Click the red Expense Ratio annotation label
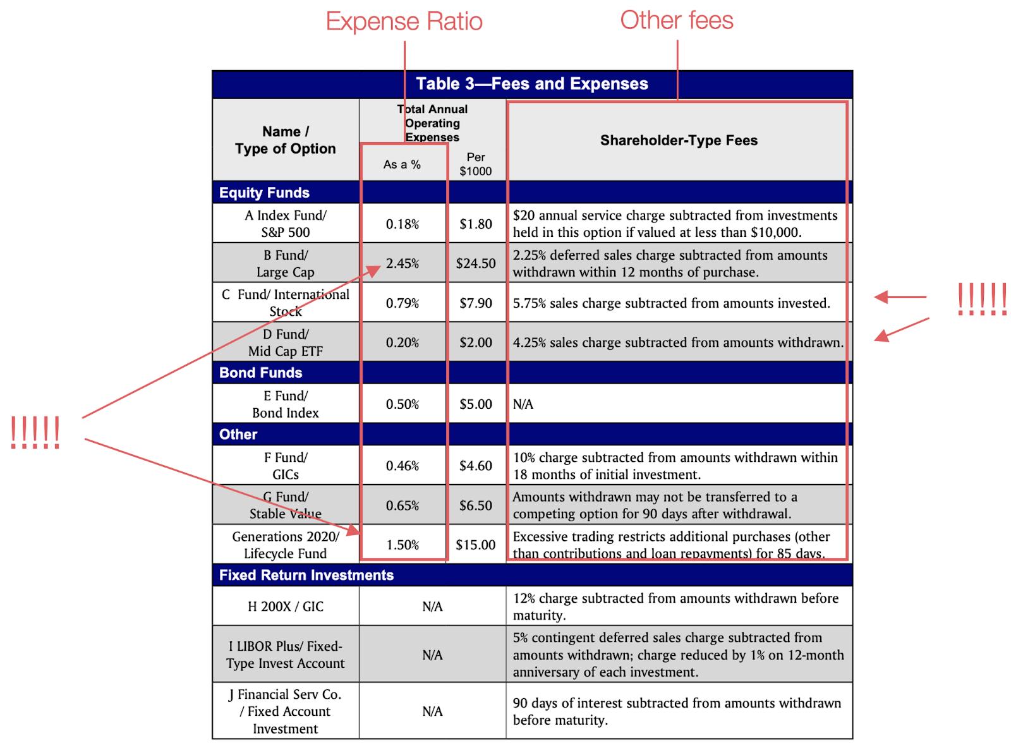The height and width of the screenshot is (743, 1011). tap(404, 22)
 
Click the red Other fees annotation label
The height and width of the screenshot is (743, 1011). tap(676, 20)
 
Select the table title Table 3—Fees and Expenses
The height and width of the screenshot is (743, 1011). tap(532, 84)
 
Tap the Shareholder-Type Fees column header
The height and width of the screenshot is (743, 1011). tap(679, 140)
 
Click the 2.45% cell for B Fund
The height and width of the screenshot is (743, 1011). tap(403, 263)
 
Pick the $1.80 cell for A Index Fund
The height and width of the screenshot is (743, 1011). tap(476, 224)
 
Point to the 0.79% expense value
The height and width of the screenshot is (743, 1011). tap(403, 303)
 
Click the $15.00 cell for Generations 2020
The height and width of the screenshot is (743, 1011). tap(476, 545)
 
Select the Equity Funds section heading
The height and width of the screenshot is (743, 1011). tap(264, 193)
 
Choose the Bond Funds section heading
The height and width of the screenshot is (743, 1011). tap(260, 373)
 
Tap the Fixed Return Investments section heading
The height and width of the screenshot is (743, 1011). tap(306, 575)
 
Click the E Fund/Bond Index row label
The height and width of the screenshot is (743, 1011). tap(286, 404)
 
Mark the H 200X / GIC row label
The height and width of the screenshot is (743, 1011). tap(286, 607)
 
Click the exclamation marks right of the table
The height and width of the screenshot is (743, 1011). tap(981, 299)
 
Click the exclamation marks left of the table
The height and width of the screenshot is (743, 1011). tap(35, 433)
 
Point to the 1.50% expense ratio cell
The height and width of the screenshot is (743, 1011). tap(403, 545)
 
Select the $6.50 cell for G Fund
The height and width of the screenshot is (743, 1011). tap(476, 505)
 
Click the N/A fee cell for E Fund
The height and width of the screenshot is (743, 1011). tap(523, 404)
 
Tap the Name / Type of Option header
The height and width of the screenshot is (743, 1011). tap(286, 140)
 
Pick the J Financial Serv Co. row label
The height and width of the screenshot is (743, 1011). tap(286, 711)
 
